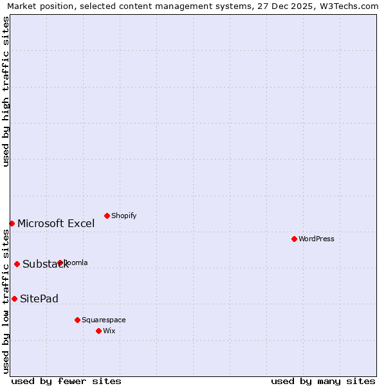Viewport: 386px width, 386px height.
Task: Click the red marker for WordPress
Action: (x=294, y=239)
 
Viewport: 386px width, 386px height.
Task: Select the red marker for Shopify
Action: (x=107, y=216)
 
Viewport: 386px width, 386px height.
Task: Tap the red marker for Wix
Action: (x=98, y=331)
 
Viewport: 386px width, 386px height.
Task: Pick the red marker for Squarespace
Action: (x=77, y=320)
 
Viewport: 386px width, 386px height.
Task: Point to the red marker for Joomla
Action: (x=60, y=262)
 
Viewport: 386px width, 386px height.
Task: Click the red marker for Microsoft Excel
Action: (x=12, y=223)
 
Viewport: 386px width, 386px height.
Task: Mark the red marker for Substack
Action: (x=17, y=264)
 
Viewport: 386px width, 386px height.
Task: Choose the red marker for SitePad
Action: (x=14, y=299)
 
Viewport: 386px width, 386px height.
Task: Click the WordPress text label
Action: (x=317, y=239)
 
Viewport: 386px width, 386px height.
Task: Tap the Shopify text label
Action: (x=124, y=216)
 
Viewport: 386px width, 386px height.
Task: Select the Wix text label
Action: (x=109, y=331)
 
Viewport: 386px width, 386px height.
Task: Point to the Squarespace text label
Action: (x=104, y=320)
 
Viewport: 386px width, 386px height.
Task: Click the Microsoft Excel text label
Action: (x=56, y=224)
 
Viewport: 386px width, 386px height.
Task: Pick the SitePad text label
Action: (x=39, y=299)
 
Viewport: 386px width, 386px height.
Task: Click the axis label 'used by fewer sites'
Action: (x=66, y=381)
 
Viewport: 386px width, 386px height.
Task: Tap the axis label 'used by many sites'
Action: (x=323, y=381)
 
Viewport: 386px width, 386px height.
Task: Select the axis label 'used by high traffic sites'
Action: (x=6, y=91)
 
